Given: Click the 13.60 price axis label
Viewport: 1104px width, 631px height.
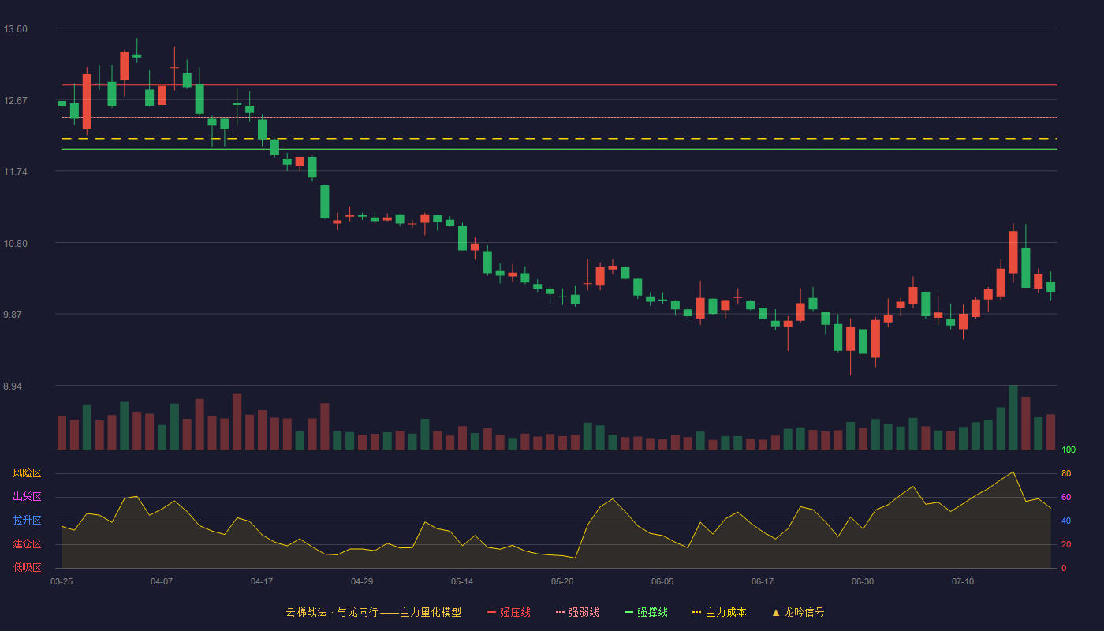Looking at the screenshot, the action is click(15, 29).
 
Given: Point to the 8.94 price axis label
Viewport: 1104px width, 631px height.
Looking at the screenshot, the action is click(13, 386).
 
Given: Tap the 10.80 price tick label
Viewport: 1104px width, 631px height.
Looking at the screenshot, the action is click(15, 244).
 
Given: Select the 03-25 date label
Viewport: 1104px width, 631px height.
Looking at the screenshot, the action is click(62, 582).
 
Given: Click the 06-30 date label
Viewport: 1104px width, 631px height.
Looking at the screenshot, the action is click(863, 582).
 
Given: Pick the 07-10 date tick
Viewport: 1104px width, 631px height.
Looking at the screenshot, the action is click(963, 582).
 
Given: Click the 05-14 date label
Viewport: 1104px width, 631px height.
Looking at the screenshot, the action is click(462, 582).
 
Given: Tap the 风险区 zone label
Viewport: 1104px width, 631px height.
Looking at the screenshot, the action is click(27, 473).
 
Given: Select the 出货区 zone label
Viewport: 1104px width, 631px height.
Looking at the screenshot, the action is click(27, 496).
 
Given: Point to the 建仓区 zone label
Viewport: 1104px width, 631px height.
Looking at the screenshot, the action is click(27, 543).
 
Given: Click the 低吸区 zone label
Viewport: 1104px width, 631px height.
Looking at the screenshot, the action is click(27, 567).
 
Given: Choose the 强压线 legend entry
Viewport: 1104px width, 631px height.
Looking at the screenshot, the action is click(509, 612).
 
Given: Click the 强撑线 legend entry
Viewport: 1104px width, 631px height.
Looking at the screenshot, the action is click(646, 612).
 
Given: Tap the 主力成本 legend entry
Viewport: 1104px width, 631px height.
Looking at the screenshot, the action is click(719, 612).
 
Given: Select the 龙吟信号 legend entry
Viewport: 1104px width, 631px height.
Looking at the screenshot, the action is click(798, 612).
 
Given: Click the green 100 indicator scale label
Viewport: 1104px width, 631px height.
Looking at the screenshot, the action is click(1069, 450).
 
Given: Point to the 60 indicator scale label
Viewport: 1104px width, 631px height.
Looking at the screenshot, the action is click(1066, 497).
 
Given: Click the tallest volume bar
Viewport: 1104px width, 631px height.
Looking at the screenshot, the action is click(1013, 417).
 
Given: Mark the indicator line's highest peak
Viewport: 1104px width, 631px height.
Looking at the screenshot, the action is click(1013, 472).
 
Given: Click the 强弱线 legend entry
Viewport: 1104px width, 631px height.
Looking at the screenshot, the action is click(577, 612).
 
